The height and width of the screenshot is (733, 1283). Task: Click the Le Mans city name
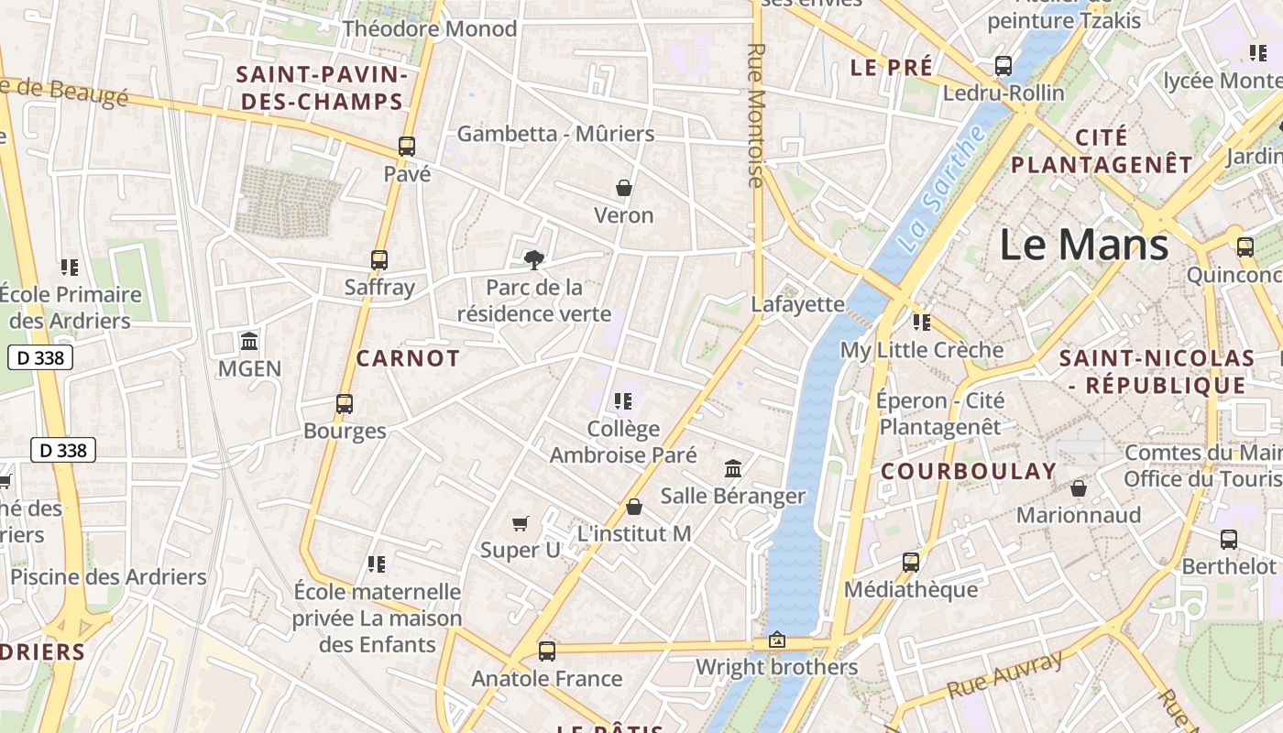pyautogui.click(x=1083, y=245)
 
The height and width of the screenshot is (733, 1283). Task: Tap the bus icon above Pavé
pyautogui.click(x=406, y=146)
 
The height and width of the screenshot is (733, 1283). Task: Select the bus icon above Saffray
pyautogui.click(x=379, y=259)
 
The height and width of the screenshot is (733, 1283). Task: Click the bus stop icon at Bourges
pyautogui.click(x=345, y=403)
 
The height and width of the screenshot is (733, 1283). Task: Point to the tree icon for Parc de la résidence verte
pyautogui.click(x=533, y=259)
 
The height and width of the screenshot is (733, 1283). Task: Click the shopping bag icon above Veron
pyautogui.click(x=624, y=188)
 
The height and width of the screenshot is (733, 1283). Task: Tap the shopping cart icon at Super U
pyautogui.click(x=521, y=523)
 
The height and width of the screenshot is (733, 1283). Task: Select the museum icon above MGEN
pyautogui.click(x=249, y=342)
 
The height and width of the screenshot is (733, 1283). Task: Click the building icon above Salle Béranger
pyautogui.click(x=733, y=468)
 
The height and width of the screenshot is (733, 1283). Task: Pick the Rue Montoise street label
pyautogui.click(x=756, y=115)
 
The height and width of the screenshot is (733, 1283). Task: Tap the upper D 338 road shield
pyautogui.click(x=40, y=357)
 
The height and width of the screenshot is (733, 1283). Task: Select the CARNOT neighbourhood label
pyautogui.click(x=408, y=358)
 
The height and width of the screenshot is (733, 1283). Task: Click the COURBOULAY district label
pyautogui.click(x=969, y=471)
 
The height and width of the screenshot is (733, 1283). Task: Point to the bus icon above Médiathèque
pyautogui.click(x=910, y=562)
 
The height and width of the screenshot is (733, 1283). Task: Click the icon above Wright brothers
pyautogui.click(x=777, y=640)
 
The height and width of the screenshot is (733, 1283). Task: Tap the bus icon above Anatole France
pyautogui.click(x=547, y=651)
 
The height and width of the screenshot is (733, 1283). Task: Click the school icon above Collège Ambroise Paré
pyautogui.click(x=623, y=400)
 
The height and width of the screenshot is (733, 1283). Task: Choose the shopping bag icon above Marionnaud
pyautogui.click(x=1079, y=487)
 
